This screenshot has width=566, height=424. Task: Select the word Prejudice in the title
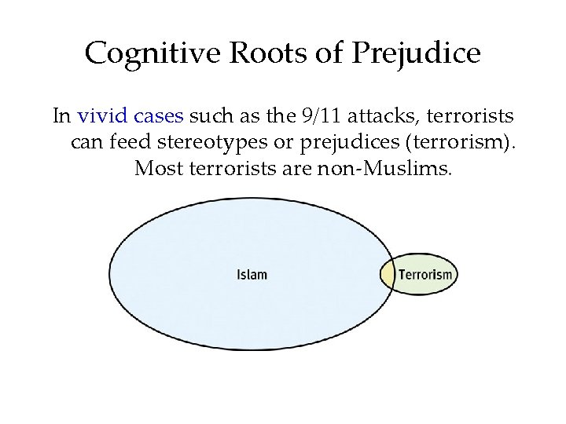point(416,54)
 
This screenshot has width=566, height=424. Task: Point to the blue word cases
point(158,117)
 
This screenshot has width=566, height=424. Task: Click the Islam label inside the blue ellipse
point(252,275)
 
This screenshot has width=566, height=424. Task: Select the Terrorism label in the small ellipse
point(425,275)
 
